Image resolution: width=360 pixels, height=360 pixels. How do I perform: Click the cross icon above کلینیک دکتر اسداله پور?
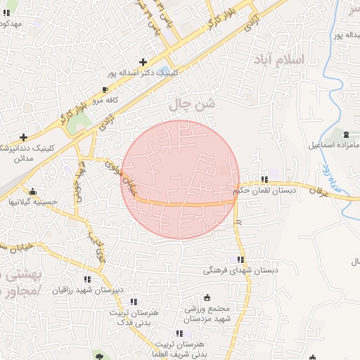(143, 62)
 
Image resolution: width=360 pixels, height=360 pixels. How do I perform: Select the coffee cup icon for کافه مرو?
(105, 90)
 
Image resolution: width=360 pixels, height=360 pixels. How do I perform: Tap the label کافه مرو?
(106, 100)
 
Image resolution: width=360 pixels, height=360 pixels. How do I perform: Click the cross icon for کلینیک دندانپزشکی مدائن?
(24, 137)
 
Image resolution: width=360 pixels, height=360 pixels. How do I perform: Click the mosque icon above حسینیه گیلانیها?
(32, 191)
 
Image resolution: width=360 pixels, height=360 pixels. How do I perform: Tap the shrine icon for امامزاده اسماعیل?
(345, 134)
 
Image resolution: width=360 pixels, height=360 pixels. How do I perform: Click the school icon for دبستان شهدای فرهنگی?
(241, 259)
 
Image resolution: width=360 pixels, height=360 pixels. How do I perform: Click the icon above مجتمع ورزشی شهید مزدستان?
(206, 297)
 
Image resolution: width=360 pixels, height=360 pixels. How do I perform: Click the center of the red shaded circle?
(181, 179)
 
